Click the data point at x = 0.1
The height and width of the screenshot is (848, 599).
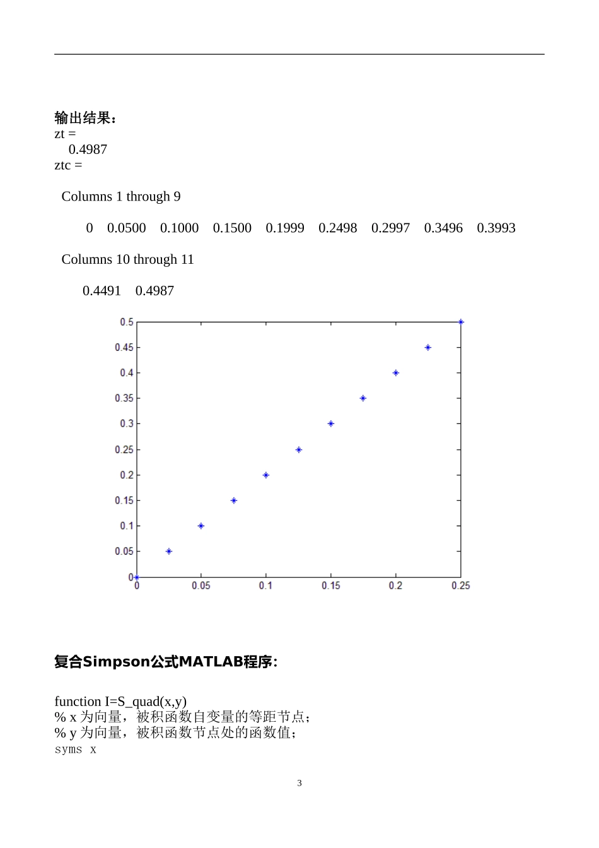[x=266, y=475]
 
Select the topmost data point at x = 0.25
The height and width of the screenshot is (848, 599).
[x=461, y=322]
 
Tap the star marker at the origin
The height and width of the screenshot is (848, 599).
[x=137, y=577]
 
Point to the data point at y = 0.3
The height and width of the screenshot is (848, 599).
[x=331, y=424]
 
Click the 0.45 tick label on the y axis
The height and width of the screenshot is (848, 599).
[x=124, y=348]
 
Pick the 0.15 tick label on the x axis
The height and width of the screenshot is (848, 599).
[x=331, y=586]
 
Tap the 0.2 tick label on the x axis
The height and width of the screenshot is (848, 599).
[x=395, y=586]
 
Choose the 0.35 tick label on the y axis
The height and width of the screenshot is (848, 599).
[x=124, y=399]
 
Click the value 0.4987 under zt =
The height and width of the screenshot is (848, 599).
[x=88, y=150]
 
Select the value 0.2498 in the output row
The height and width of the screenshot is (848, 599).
[x=337, y=228]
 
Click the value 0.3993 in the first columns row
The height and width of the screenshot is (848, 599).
[x=496, y=228]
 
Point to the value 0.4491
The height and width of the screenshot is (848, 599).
[x=102, y=291]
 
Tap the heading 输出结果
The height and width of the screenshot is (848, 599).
[x=85, y=118]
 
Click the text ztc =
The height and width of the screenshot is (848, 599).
[x=68, y=165]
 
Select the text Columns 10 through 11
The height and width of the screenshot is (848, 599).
[x=127, y=259]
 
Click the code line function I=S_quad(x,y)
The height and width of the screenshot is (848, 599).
[x=120, y=702]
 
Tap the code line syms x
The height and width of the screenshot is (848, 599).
[x=76, y=750]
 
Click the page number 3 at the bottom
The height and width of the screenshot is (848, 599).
[x=299, y=783]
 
